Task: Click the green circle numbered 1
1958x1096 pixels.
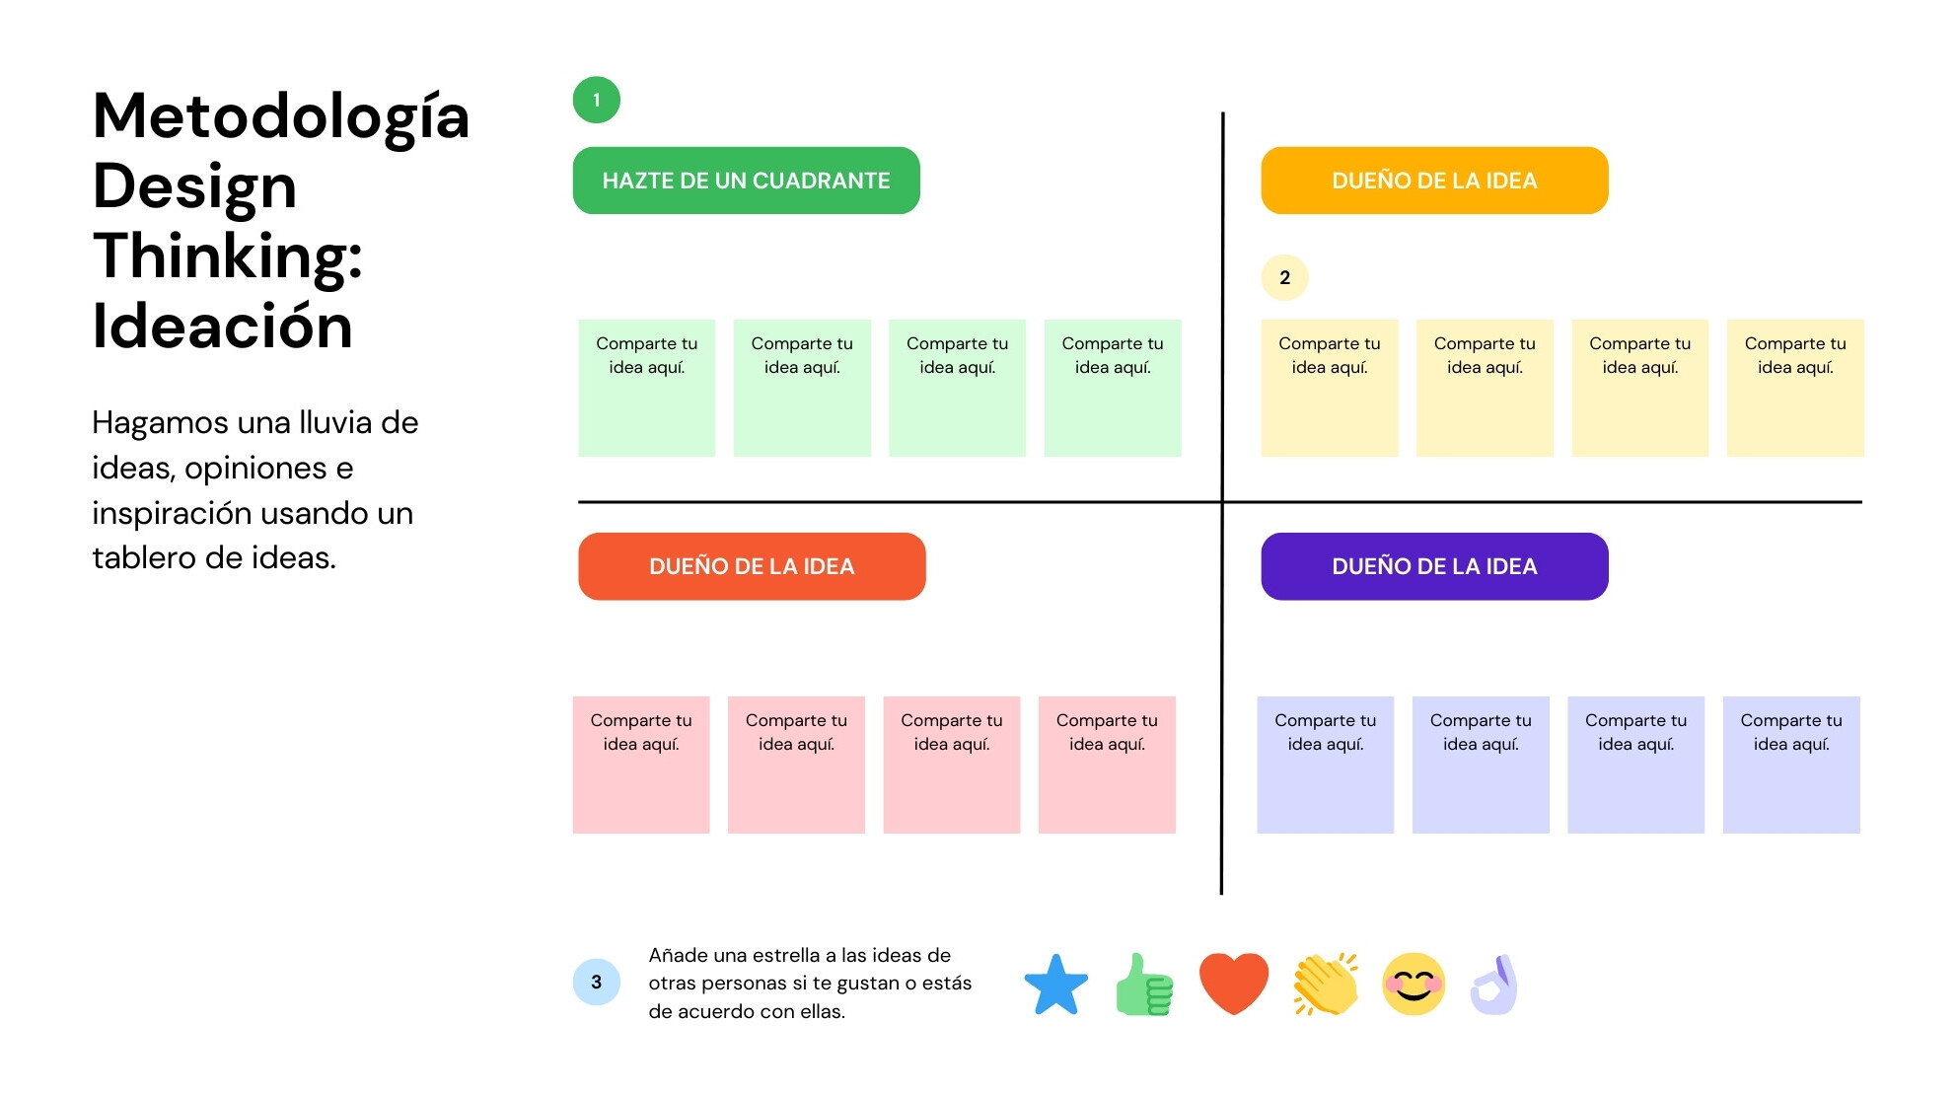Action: pos(596,100)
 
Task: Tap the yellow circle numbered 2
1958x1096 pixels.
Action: pos(1284,277)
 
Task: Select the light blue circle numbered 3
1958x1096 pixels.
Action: pos(596,982)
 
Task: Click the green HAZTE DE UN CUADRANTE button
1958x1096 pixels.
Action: pos(746,181)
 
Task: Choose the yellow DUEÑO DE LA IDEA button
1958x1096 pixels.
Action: pos(1434,181)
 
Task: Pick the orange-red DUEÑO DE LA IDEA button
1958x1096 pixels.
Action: pos(752,566)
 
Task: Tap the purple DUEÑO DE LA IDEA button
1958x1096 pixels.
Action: pos(1434,566)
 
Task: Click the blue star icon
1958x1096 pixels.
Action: pos(1055,985)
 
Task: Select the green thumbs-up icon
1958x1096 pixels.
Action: pos(1144,985)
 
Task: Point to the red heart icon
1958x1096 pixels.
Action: pos(1233,984)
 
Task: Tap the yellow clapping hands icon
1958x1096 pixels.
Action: pos(1326,984)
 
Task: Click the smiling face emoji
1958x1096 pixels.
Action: pos(1414,984)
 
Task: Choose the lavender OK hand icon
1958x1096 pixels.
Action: pos(1494,985)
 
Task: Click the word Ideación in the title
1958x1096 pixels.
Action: pos(222,326)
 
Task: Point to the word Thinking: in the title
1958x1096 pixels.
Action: pos(228,256)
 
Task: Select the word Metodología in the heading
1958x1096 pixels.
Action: pos(280,116)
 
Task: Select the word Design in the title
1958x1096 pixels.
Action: pos(194,187)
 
